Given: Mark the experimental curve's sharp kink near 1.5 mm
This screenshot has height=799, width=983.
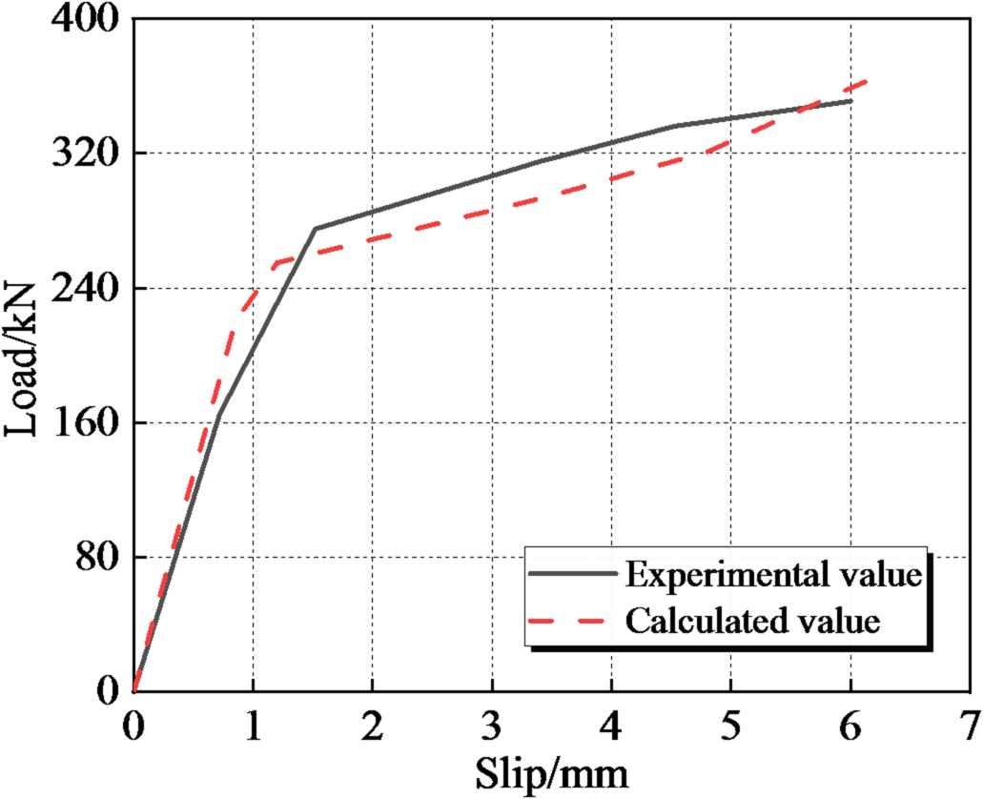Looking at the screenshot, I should (315, 229).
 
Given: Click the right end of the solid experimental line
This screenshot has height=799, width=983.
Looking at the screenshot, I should (850, 100).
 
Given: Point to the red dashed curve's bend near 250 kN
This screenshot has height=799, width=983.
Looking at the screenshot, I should (275, 263).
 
